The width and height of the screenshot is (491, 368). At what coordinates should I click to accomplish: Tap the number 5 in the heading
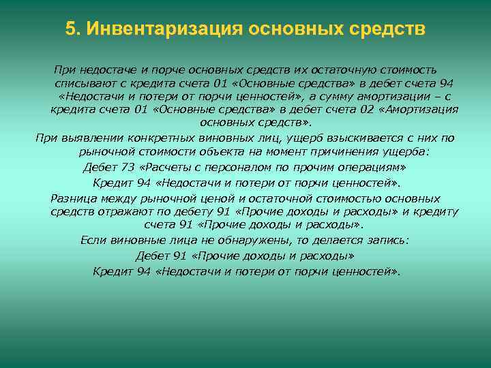point(70,30)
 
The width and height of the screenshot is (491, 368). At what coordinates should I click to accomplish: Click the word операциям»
point(372,166)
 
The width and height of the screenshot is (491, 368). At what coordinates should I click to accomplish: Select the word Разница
point(73,198)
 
